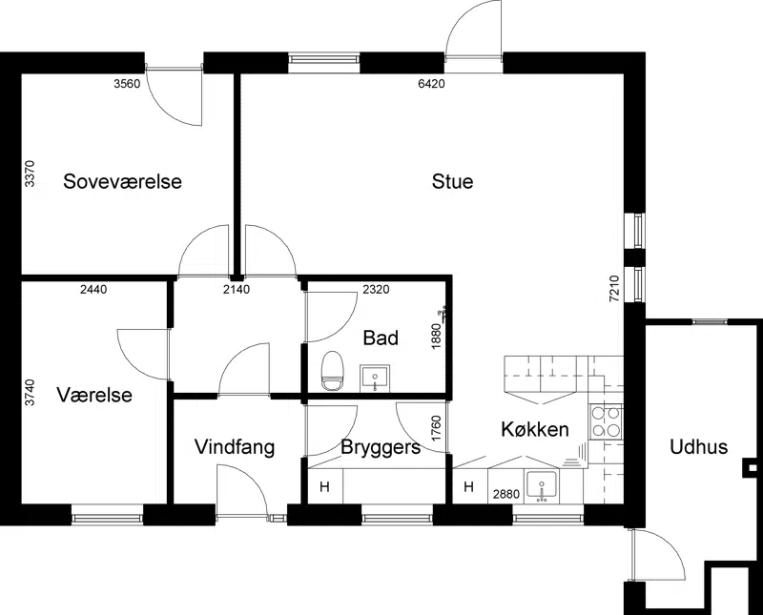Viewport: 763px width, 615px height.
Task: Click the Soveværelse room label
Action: pos(123,181)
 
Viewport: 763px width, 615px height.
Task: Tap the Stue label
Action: pos(452,181)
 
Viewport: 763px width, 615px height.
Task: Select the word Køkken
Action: pos(535,429)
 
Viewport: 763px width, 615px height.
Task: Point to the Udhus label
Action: pos(699,446)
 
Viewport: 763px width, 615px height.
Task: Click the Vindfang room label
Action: pos(235,447)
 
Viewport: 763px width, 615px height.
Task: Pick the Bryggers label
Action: pos(381,447)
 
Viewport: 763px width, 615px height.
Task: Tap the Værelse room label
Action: pos(94,395)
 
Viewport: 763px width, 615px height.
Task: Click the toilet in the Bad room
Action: pos(333,371)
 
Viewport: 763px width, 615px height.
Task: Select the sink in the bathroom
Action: pos(375,379)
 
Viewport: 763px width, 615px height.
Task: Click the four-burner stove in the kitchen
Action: pos(606,421)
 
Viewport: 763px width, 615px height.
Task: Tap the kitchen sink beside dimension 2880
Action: pos(543,486)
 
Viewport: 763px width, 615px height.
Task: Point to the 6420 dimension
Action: pos(432,84)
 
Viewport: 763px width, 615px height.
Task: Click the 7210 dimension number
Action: pos(614,289)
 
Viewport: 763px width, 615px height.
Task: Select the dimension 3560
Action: pos(127,84)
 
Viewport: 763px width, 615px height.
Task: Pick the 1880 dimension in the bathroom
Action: pos(436,336)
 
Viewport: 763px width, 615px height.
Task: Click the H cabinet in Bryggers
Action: pos(325,486)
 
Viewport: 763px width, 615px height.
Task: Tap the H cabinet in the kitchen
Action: pos(469,486)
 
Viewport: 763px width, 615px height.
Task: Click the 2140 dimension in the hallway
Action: pos(237,290)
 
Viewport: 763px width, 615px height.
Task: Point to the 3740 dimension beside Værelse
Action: pos(31,393)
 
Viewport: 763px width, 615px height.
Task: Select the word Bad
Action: pos(381,338)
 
